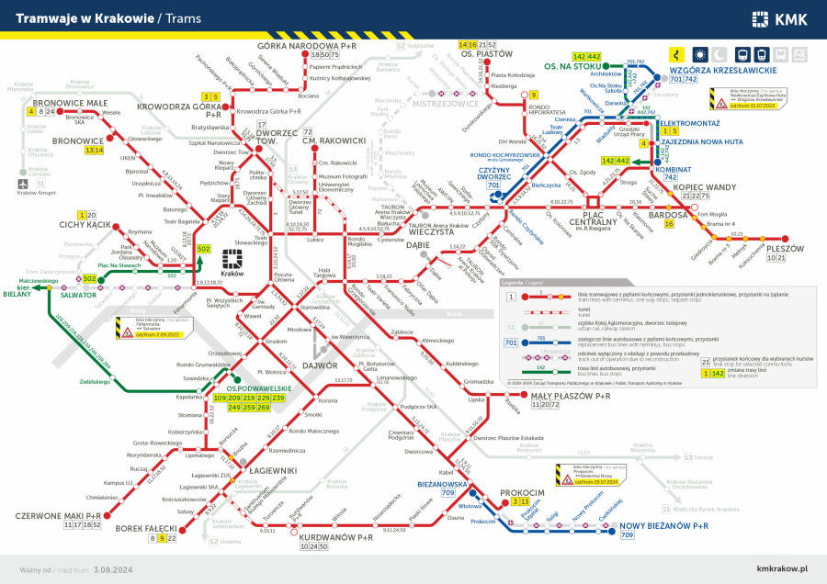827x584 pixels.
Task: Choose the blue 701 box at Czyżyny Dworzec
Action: pyautogui.click(x=493, y=185)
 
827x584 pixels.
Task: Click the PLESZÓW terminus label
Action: pyautogui.click(x=784, y=249)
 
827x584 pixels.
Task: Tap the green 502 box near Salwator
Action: pyautogui.click(x=89, y=278)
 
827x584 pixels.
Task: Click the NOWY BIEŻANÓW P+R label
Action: pyautogui.click(x=663, y=525)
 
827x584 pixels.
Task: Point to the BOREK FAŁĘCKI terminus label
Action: pyautogui.click(x=146, y=529)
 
